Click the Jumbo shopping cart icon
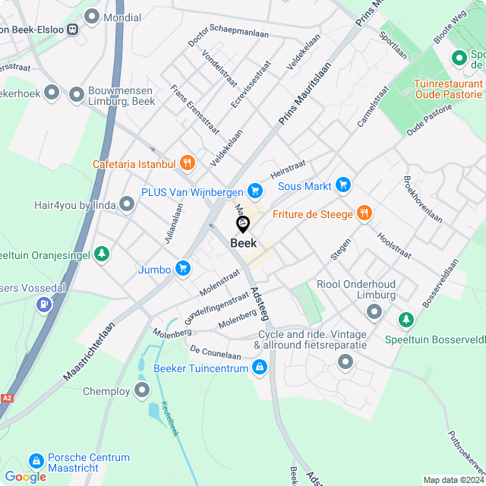[182, 268]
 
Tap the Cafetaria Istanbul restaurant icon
[189, 163]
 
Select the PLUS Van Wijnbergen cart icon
[256, 192]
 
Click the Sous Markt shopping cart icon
[344, 185]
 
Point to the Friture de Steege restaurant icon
[365, 213]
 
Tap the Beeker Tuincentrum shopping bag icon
[260, 368]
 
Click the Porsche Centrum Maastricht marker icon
[36, 461]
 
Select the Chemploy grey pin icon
[142, 390]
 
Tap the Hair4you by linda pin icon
[127, 204]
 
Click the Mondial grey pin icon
[93, 16]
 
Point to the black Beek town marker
[243, 224]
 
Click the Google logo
[25, 477]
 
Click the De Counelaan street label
[216, 353]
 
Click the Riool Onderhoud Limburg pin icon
[374, 311]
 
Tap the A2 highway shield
[7, 398]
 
